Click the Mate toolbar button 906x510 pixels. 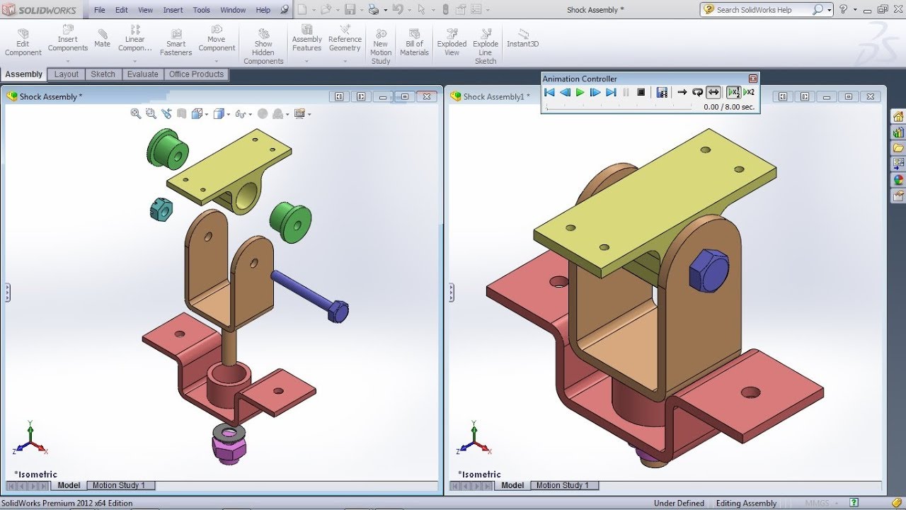click(x=103, y=38)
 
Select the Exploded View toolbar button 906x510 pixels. click(x=452, y=42)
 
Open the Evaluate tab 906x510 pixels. click(x=142, y=74)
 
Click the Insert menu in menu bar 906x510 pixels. click(x=173, y=10)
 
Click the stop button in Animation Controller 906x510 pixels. click(x=641, y=92)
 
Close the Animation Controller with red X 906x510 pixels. click(x=752, y=79)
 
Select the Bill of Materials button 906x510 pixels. click(x=414, y=42)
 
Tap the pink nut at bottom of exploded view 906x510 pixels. click(x=229, y=449)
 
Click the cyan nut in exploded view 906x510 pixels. click(x=161, y=209)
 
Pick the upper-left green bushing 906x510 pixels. click(x=168, y=149)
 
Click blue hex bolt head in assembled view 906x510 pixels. click(x=708, y=271)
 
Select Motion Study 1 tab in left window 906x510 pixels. click(x=118, y=485)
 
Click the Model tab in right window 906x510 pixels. click(x=512, y=485)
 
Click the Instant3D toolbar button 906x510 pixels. click(x=522, y=38)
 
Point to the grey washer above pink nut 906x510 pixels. click(x=229, y=432)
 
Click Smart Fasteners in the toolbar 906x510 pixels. click(x=176, y=42)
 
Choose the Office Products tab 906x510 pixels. click(x=196, y=74)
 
